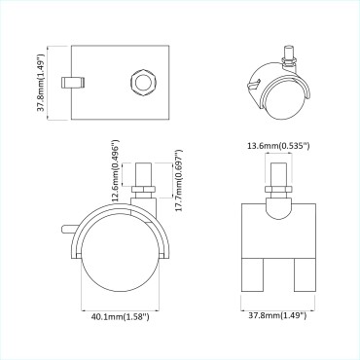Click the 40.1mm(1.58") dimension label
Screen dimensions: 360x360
[x=118, y=316]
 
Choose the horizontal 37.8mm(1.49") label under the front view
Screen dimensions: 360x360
[x=276, y=316]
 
